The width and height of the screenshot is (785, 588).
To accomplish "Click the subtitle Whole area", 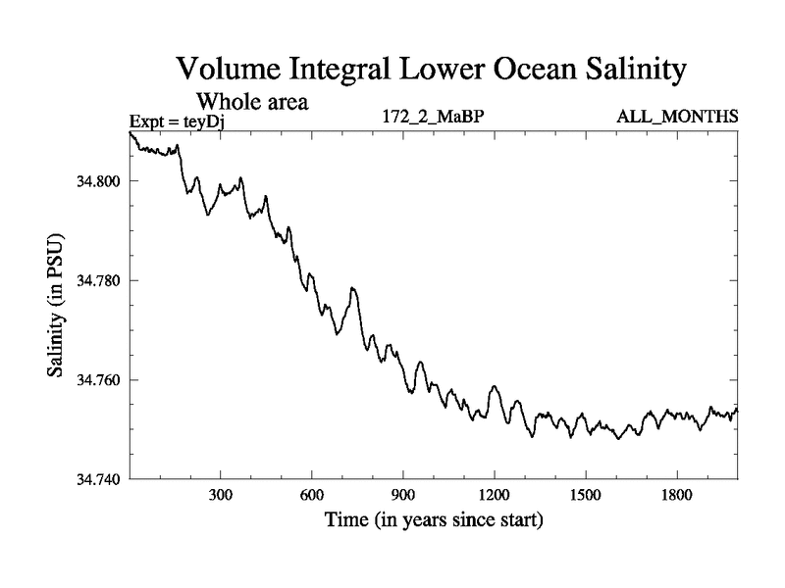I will tap(253, 101).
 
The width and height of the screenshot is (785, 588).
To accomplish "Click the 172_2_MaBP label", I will tap(434, 118).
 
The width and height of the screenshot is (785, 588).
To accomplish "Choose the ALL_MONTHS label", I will tap(677, 118).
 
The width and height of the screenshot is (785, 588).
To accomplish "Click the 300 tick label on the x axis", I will tap(221, 497).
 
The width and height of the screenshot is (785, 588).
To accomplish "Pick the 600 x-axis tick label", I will tap(312, 497).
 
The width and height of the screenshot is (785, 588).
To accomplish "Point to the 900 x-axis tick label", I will tap(403, 497).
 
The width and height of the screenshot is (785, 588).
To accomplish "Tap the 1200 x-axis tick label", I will tap(495, 497).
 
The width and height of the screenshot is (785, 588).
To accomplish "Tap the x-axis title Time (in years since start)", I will tap(434, 520).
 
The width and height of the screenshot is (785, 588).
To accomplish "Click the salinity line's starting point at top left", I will tap(131, 132).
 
